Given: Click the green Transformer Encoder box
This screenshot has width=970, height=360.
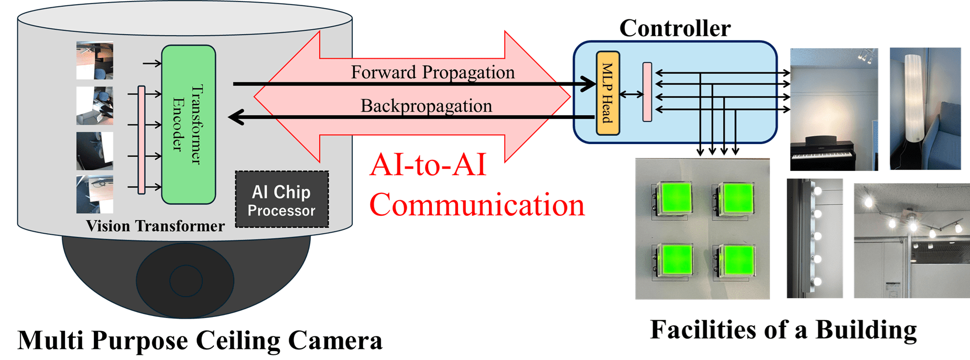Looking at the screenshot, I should click(x=188, y=124).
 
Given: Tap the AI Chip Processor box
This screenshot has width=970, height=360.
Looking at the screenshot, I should click(x=281, y=200).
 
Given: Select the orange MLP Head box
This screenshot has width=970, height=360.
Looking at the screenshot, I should click(x=607, y=93).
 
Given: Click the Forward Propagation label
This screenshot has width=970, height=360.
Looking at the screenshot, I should click(x=432, y=72).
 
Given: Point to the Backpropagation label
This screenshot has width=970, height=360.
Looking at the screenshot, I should click(x=426, y=106).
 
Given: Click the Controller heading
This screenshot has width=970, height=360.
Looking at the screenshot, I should click(x=674, y=28).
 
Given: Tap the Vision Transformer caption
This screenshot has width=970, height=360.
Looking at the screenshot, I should click(x=155, y=226).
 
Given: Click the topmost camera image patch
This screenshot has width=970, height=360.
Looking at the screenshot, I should click(x=95, y=60).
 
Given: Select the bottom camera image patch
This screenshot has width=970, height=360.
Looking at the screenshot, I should click(x=95, y=194).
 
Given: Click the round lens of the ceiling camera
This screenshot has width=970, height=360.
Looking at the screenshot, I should click(x=186, y=280).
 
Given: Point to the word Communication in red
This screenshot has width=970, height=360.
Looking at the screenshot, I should click(x=476, y=205).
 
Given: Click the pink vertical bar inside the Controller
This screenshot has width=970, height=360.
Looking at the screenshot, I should click(x=647, y=92).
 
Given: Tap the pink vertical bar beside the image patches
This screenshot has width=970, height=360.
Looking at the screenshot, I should click(x=141, y=140).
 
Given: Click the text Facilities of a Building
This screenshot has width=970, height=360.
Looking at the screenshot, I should click(x=783, y=330).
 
